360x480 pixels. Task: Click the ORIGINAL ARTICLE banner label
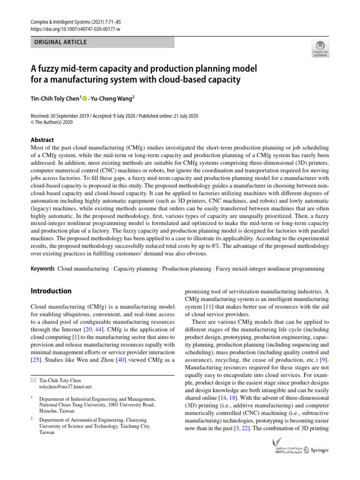click(x=59, y=42)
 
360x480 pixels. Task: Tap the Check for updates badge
click(x=320, y=48)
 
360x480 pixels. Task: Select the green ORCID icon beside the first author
click(x=85, y=98)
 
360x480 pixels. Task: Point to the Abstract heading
click(x=42, y=140)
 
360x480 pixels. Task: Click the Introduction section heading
click(x=51, y=291)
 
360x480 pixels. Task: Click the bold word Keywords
click(x=43, y=269)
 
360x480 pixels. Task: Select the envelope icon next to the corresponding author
click(x=33, y=380)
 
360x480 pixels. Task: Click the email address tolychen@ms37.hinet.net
click(x=65, y=387)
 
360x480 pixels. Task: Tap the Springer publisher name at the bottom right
click(x=319, y=450)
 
